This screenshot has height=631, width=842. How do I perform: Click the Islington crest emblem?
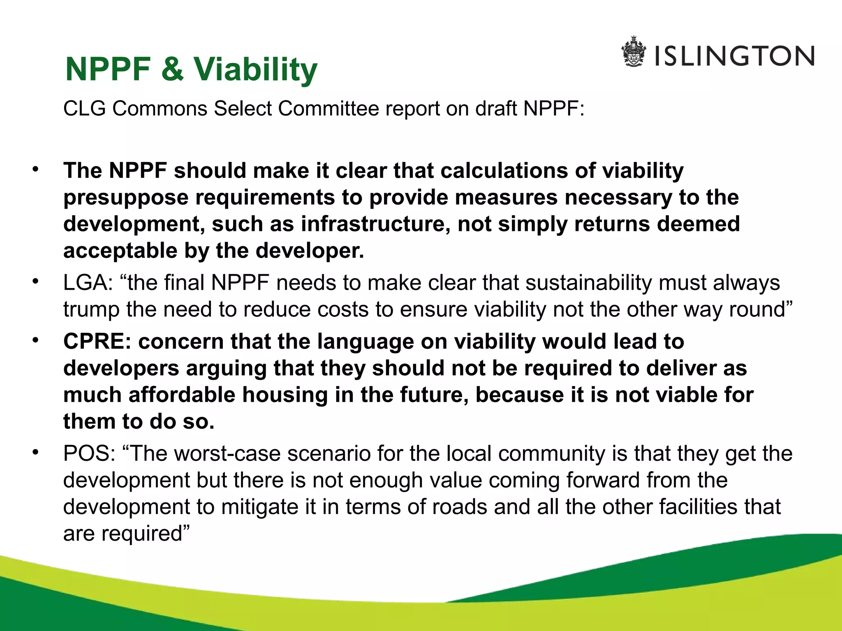[634, 52]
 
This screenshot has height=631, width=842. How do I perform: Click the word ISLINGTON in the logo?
[734, 56]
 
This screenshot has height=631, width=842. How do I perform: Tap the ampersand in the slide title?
[172, 69]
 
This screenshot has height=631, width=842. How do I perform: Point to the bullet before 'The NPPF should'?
[36, 169]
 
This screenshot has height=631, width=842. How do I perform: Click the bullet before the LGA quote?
[36, 281]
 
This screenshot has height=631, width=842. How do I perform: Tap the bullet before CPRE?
[36, 340]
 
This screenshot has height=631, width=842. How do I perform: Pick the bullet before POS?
[36, 452]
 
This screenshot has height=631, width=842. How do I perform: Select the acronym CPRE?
[97, 342]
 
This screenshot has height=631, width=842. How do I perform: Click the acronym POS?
[89, 454]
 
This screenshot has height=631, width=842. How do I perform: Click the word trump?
[91, 310]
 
